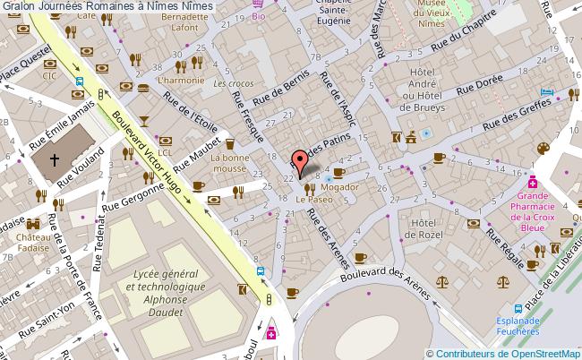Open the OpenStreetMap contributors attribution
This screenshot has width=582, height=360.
503,353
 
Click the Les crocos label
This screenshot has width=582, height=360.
234,83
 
